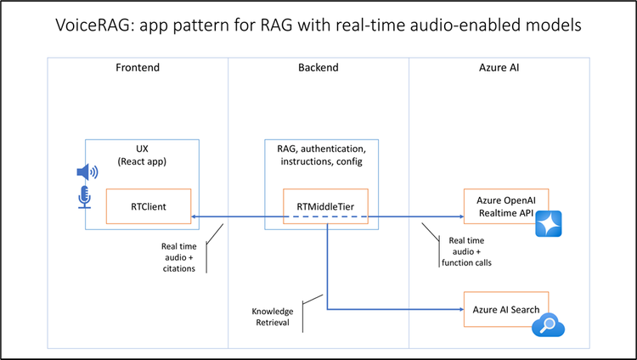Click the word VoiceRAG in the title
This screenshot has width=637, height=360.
[x=88, y=25]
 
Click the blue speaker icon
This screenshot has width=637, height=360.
[x=87, y=173]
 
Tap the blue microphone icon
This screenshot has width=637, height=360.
[x=85, y=197]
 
